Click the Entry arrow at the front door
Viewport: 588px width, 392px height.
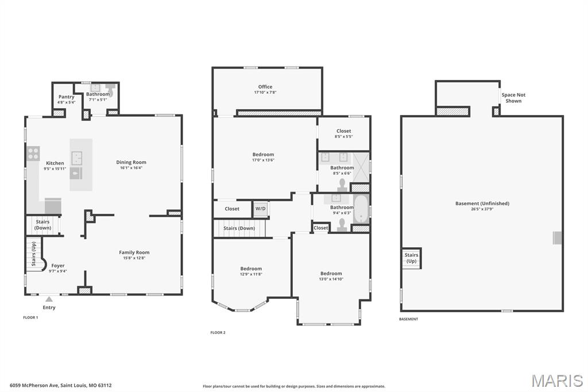(x=49, y=299)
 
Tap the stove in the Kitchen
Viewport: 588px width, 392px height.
(x=33, y=153)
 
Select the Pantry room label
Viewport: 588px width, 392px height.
(x=67, y=97)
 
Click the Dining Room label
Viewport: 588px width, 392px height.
(x=131, y=163)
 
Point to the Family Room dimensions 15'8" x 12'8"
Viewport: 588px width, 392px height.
(x=134, y=259)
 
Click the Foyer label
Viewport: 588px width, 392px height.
(x=58, y=266)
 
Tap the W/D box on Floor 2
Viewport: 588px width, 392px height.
(x=261, y=209)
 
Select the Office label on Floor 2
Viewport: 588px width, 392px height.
(x=265, y=87)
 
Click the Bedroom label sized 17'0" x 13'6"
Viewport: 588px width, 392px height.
(x=263, y=155)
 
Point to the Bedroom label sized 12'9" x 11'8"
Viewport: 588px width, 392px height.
(x=251, y=269)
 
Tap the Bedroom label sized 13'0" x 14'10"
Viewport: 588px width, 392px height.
(x=331, y=274)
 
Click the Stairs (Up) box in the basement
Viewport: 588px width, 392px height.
(x=411, y=258)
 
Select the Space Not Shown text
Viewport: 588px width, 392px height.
(x=513, y=98)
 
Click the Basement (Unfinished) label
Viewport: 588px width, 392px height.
(x=482, y=203)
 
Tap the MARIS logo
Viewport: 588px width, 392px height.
(x=557, y=381)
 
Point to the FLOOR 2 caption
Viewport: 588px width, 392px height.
(x=218, y=332)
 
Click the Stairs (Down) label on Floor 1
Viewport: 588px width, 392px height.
(x=42, y=225)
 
